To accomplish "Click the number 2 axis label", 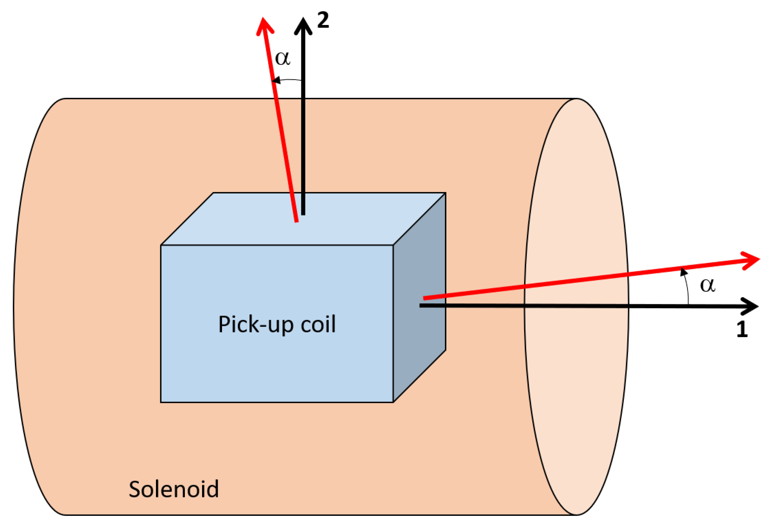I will pos(323,20).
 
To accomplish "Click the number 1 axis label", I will pos(741,329).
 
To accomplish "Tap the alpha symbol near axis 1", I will pos(707,285).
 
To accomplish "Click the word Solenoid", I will pos(174,489).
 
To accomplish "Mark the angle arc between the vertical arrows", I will pos(287,80).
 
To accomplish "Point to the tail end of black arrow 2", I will pos(303,213).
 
